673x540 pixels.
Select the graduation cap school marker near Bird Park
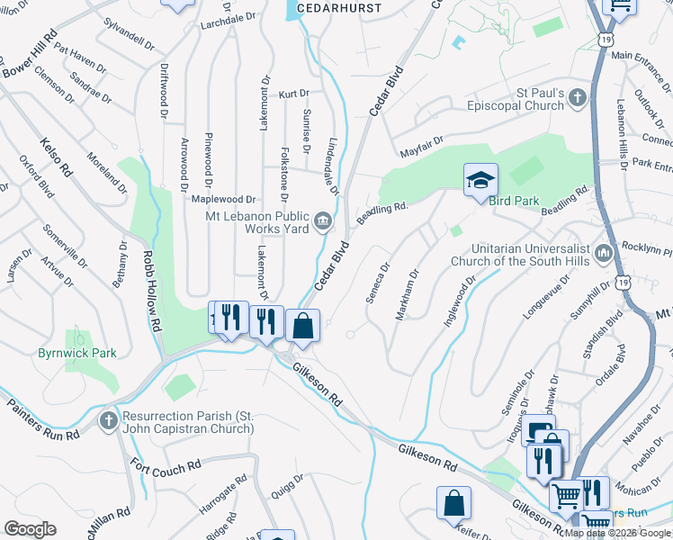[480, 180]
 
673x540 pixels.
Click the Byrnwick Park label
[76, 354]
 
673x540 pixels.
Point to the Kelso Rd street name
[56, 157]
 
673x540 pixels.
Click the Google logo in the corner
[30, 529]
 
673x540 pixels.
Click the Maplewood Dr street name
[226, 199]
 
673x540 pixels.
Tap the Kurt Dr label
[293, 93]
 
